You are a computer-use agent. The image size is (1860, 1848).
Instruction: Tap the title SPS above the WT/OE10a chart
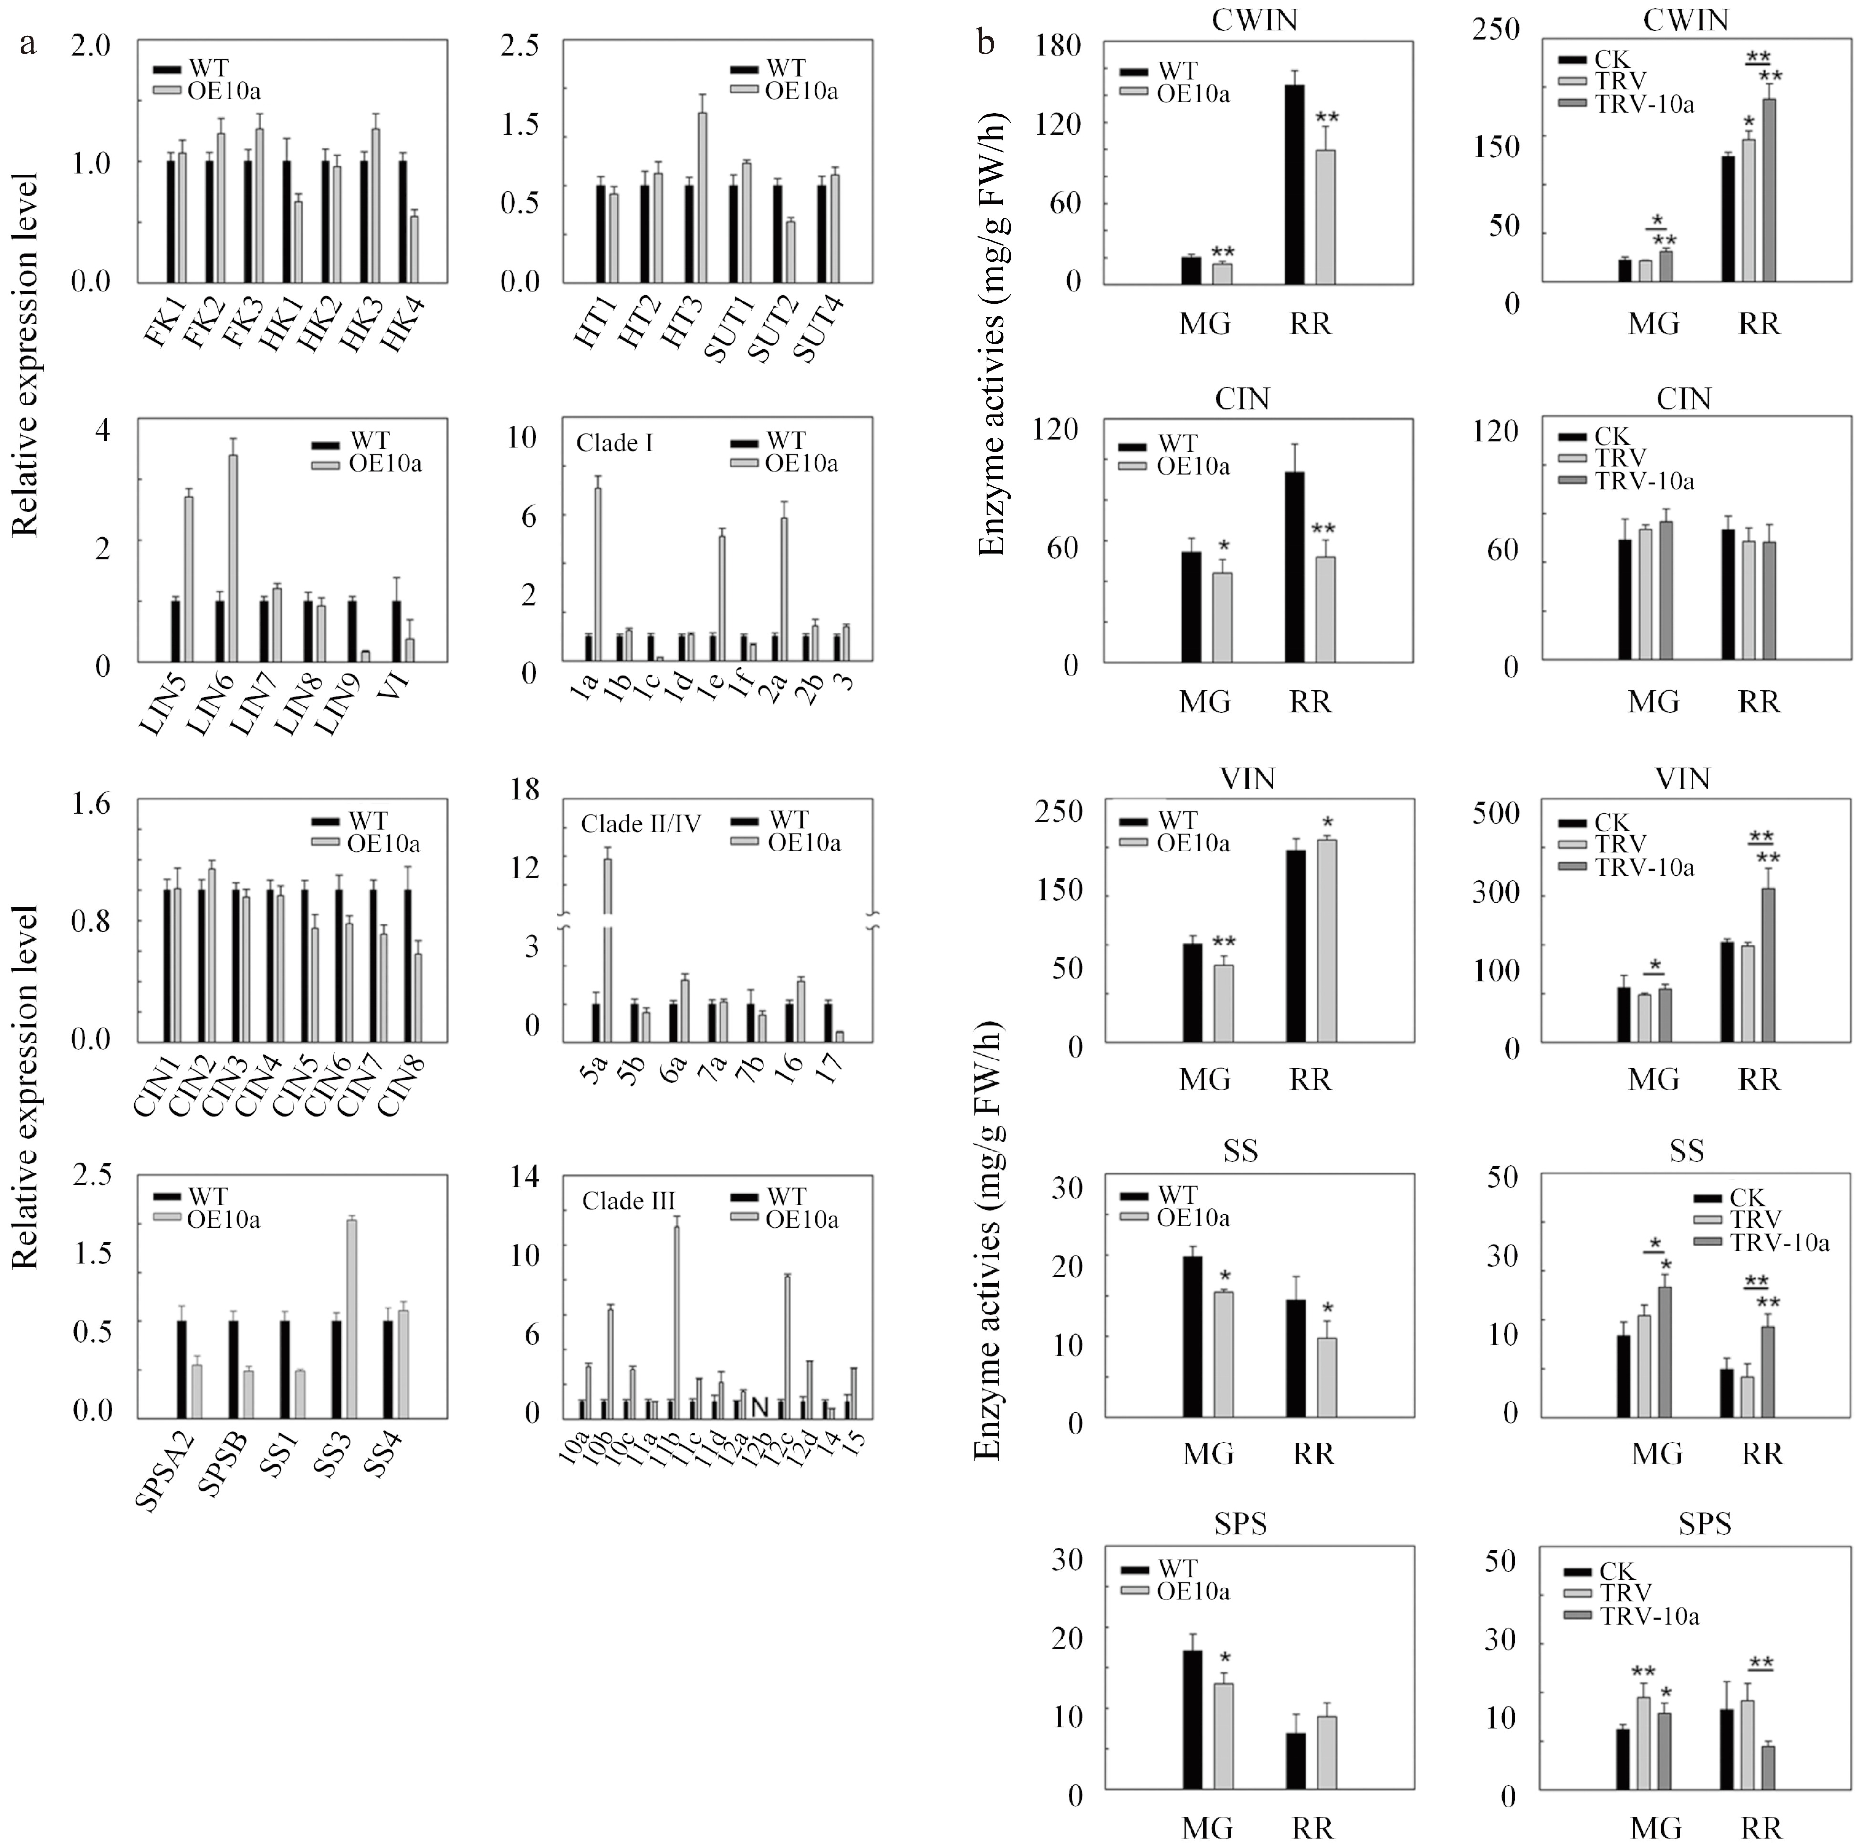[x=1242, y=1524]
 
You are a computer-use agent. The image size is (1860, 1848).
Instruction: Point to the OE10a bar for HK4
[x=414, y=249]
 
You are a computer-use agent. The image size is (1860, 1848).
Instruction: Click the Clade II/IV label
[x=640, y=824]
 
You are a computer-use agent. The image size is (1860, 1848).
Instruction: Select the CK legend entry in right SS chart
[x=1745, y=1198]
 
